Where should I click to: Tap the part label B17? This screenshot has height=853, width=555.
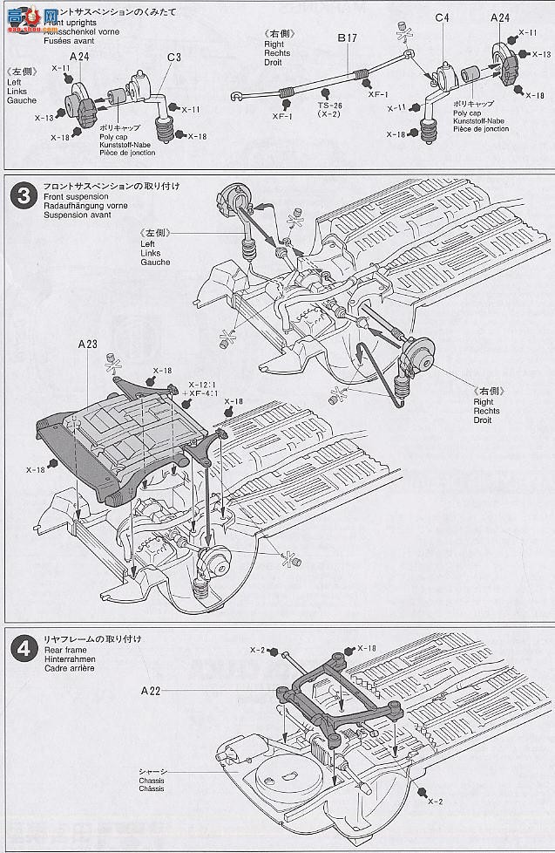349,38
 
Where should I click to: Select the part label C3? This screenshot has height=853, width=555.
175,58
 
